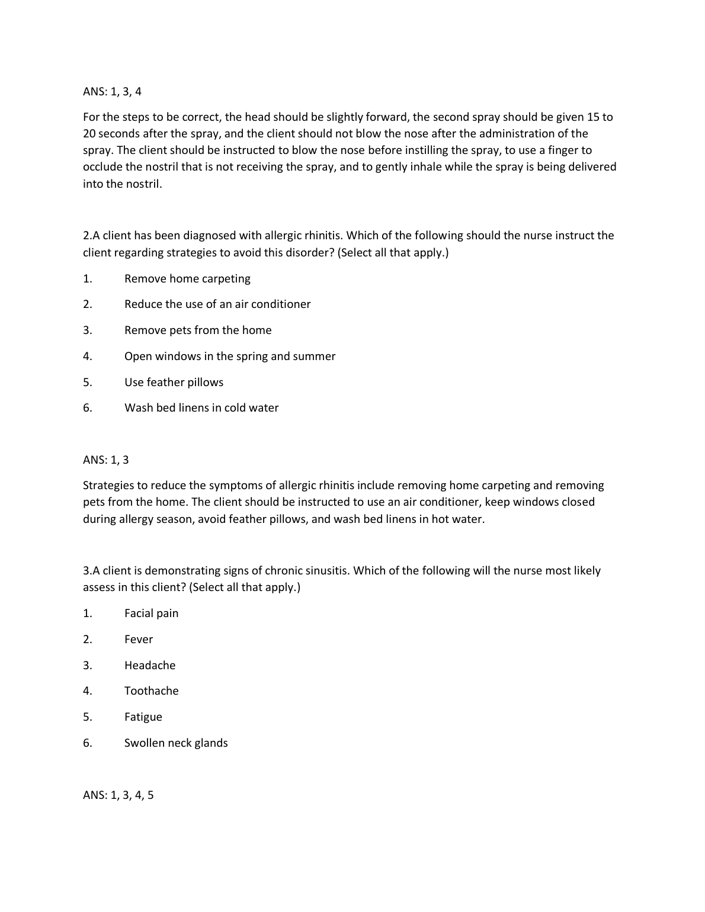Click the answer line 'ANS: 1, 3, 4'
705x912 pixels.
[x=112, y=92]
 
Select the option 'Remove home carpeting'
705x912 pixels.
[x=187, y=279]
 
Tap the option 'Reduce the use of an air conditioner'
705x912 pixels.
[x=217, y=304]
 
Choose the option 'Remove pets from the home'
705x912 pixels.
[x=198, y=330]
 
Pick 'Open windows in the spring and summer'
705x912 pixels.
[x=229, y=357]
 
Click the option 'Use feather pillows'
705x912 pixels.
[x=174, y=383]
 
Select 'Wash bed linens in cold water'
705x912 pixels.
[x=201, y=408]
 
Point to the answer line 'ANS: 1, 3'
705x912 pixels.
[x=105, y=460]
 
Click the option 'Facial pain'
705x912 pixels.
[x=151, y=614]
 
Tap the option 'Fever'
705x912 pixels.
[x=139, y=640]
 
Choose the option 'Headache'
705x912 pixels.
[x=150, y=666]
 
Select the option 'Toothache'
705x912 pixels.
[x=151, y=691]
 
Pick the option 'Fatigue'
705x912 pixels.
[x=143, y=717]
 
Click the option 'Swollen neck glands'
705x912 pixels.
[x=176, y=743]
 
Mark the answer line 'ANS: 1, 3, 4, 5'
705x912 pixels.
[x=118, y=795]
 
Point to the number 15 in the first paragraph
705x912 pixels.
[x=594, y=117]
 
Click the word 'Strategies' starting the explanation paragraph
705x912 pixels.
[x=108, y=486]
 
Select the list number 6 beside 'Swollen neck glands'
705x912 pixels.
[x=87, y=743]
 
